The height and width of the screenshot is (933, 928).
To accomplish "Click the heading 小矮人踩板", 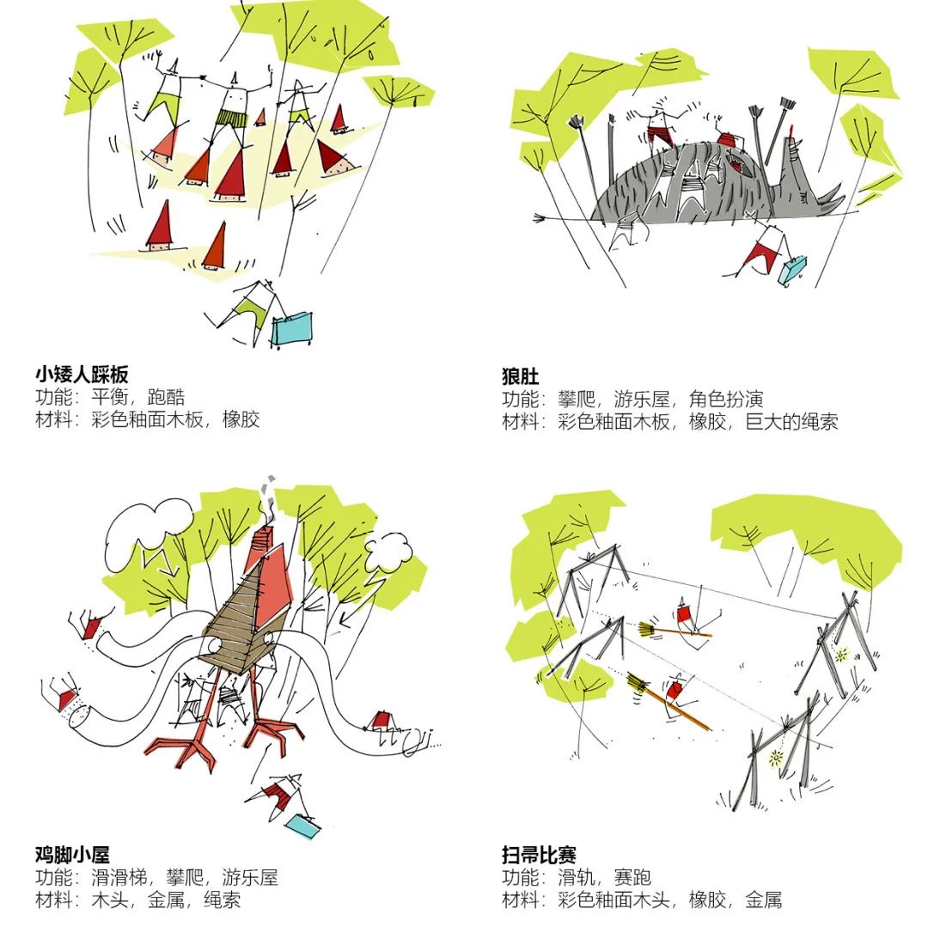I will (x=82, y=375).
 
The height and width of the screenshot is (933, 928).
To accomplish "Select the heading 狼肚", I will (x=521, y=376).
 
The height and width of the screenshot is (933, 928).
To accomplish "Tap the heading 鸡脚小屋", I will (x=72, y=855).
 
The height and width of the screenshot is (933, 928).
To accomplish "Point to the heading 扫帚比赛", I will (x=539, y=855).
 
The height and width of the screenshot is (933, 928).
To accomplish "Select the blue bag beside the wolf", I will (x=791, y=270).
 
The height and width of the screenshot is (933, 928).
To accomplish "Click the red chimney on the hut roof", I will (x=266, y=540).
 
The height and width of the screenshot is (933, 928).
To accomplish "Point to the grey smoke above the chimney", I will (x=272, y=488).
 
